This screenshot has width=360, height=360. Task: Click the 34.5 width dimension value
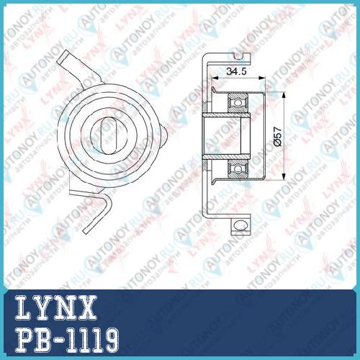pyautogui.click(x=237, y=71)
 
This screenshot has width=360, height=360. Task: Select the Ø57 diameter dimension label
pyautogui.click(x=277, y=136)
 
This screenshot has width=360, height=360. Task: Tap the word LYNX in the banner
pyautogui.click(x=56, y=308)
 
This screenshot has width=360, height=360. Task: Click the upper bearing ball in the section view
pyautogui.click(x=238, y=103)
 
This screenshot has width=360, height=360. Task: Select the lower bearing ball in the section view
pyautogui.click(x=238, y=168)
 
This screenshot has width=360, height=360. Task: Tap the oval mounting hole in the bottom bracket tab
pyautogui.click(x=240, y=225)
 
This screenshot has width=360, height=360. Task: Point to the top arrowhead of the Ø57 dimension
pyautogui.click(x=284, y=96)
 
